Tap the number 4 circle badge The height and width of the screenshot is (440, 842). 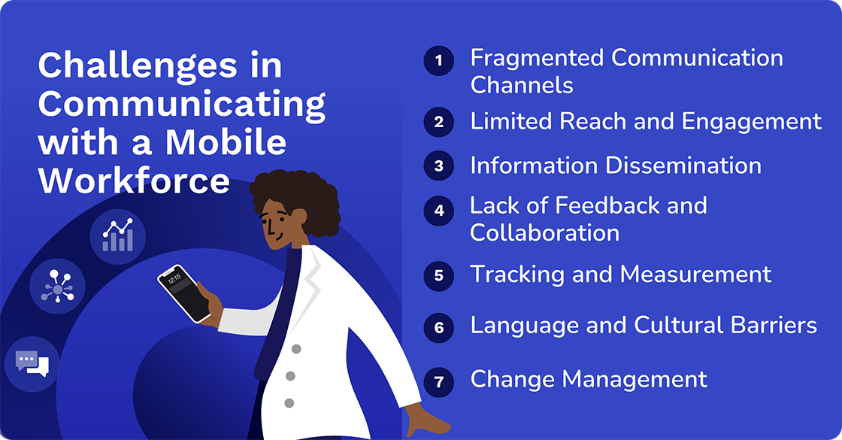pyautogui.click(x=439, y=211)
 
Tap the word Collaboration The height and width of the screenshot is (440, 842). pyautogui.click(x=544, y=232)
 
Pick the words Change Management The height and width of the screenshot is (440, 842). pyautogui.click(x=589, y=379)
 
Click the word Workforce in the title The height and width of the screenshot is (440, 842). pyautogui.click(x=134, y=181)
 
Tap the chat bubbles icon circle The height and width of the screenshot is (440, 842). pyautogui.click(x=32, y=364)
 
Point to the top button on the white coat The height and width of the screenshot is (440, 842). pyautogui.click(x=296, y=349)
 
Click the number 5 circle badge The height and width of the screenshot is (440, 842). pyautogui.click(x=439, y=275)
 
